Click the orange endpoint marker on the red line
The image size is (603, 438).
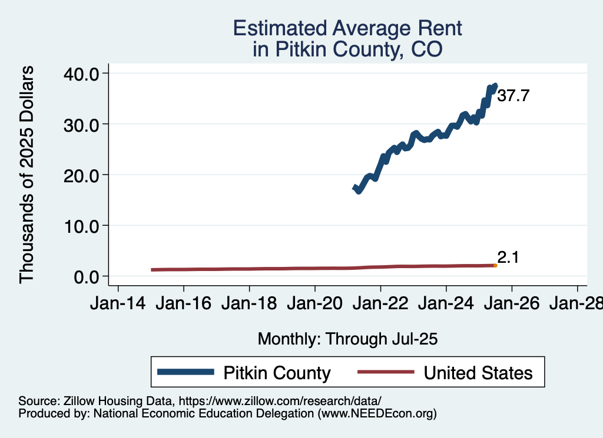pyautogui.click(x=495, y=266)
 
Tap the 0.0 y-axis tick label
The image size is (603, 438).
pyautogui.click(x=88, y=276)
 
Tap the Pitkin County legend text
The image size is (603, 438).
pyautogui.click(x=277, y=373)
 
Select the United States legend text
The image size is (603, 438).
pyautogui.click(x=478, y=373)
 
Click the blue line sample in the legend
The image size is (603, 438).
pyautogui.click(x=185, y=373)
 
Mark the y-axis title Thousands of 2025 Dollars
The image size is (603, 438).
pyautogui.click(x=27, y=175)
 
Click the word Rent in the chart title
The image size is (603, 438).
pyautogui.click(x=429, y=28)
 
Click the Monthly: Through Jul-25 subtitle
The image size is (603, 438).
pyautogui.click(x=348, y=339)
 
